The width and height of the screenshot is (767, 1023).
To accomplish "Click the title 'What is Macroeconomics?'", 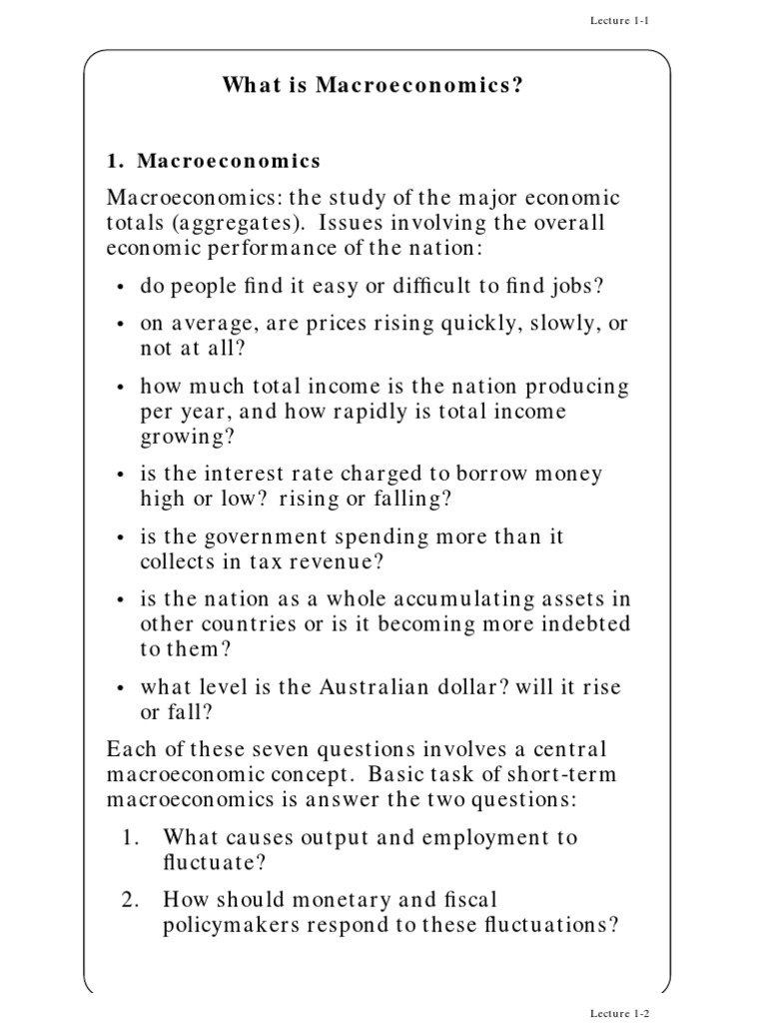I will tap(374, 86).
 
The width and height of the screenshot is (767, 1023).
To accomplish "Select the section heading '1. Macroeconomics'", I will tap(214, 160).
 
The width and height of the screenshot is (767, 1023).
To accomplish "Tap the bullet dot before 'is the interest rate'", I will tap(121, 476).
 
